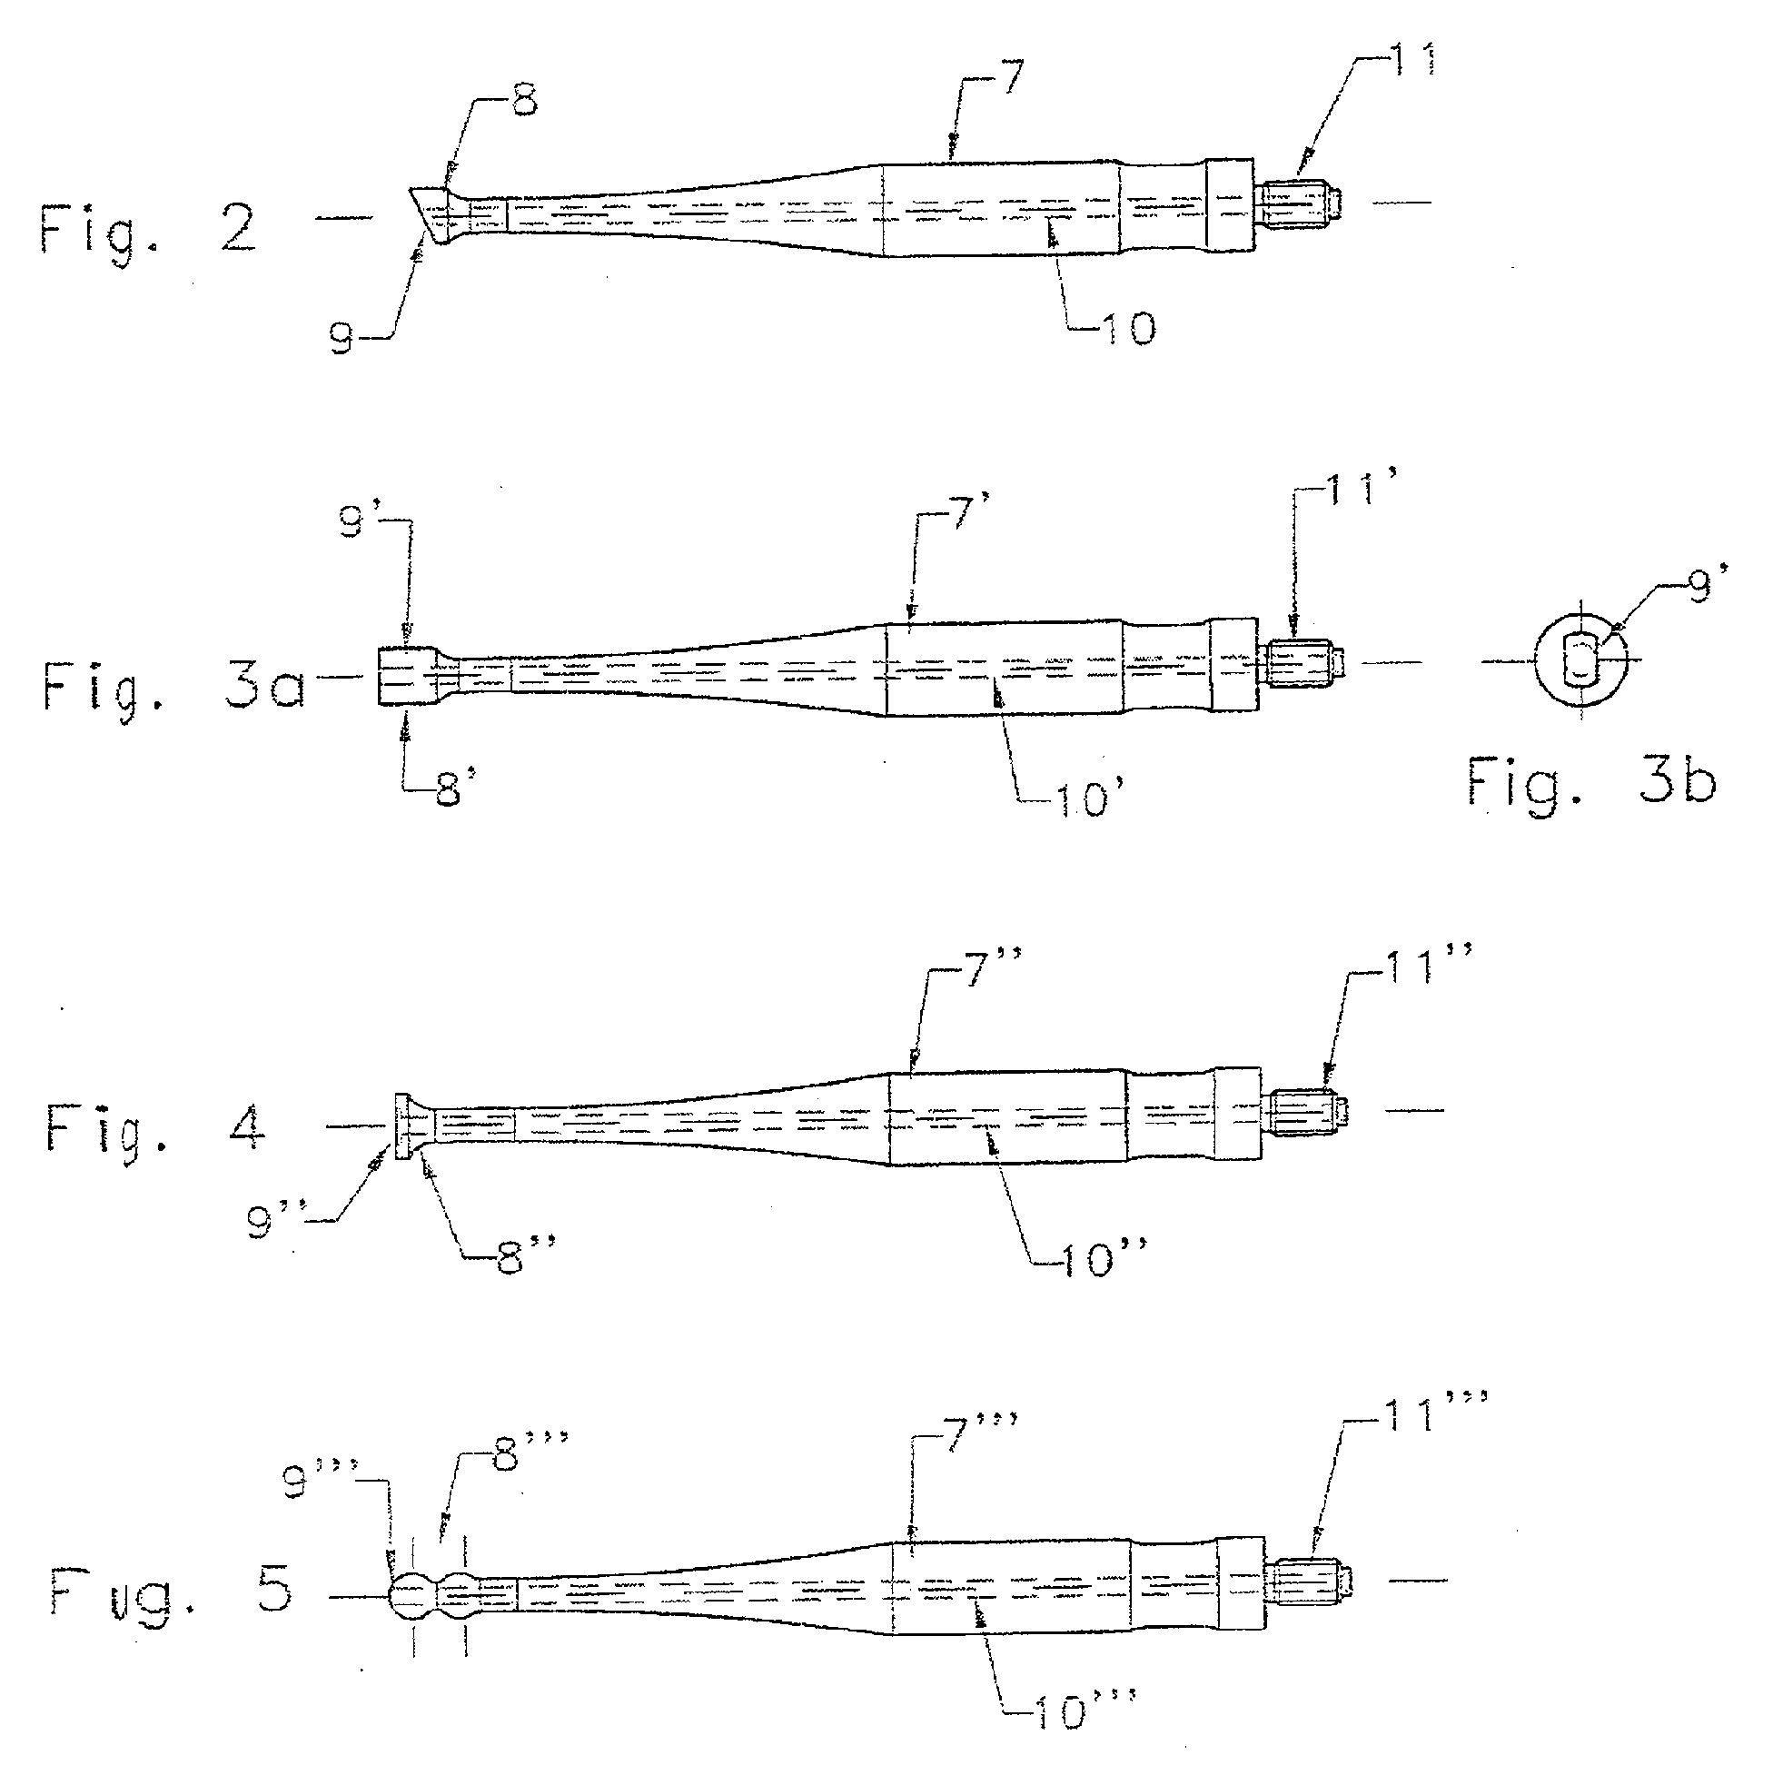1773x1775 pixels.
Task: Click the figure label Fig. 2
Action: click(x=148, y=230)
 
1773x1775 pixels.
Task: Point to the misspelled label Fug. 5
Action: click(x=171, y=1595)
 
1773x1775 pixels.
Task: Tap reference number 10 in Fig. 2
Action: click(x=1127, y=329)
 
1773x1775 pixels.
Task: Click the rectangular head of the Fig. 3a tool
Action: click(x=407, y=676)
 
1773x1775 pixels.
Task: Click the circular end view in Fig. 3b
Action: click(x=1581, y=660)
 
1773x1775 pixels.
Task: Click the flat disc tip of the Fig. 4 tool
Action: click(x=401, y=1126)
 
